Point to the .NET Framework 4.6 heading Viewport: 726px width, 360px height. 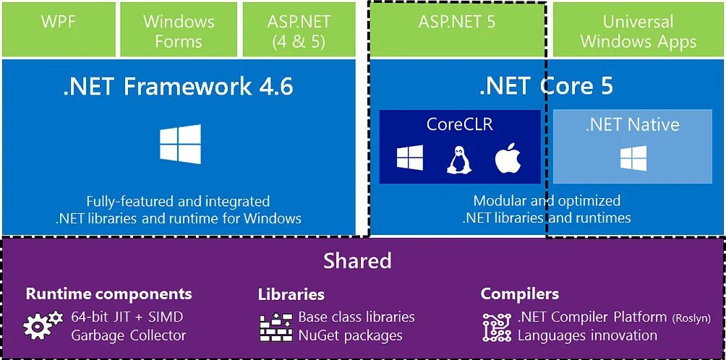(x=178, y=86)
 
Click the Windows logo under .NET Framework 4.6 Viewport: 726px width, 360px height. (x=180, y=144)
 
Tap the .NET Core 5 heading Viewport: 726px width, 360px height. (x=546, y=86)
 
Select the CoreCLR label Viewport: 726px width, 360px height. (x=459, y=124)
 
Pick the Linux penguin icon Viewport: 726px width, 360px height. (x=458, y=159)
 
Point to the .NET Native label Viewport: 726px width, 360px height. (x=633, y=124)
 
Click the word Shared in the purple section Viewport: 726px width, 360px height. (x=357, y=260)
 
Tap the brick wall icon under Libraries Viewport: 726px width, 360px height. (x=276, y=327)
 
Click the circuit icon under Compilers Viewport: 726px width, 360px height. (x=497, y=327)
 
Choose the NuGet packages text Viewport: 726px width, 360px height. (x=350, y=335)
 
